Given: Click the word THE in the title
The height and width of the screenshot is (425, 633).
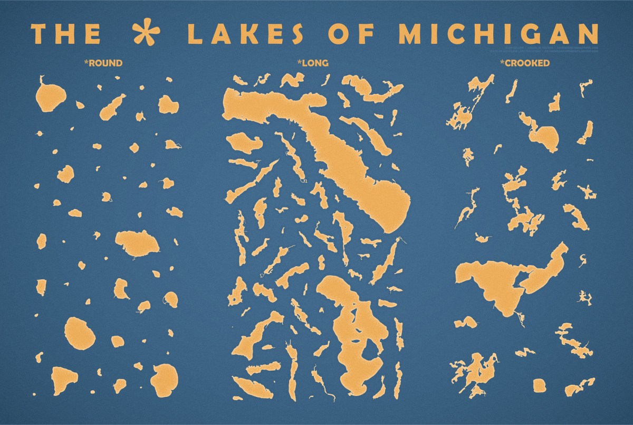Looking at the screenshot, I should tap(66, 33).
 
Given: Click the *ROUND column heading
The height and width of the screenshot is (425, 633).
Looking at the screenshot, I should tap(103, 63).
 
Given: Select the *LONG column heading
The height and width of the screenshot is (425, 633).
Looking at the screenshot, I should tap(313, 63).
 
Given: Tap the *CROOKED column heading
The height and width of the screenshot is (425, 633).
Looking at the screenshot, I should tap(525, 63).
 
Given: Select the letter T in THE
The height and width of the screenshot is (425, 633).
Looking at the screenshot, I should tap(39, 33).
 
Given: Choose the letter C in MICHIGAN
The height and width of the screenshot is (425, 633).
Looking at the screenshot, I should tap(451, 33).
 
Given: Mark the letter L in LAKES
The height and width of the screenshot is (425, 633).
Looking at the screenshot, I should tap(196, 33).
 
